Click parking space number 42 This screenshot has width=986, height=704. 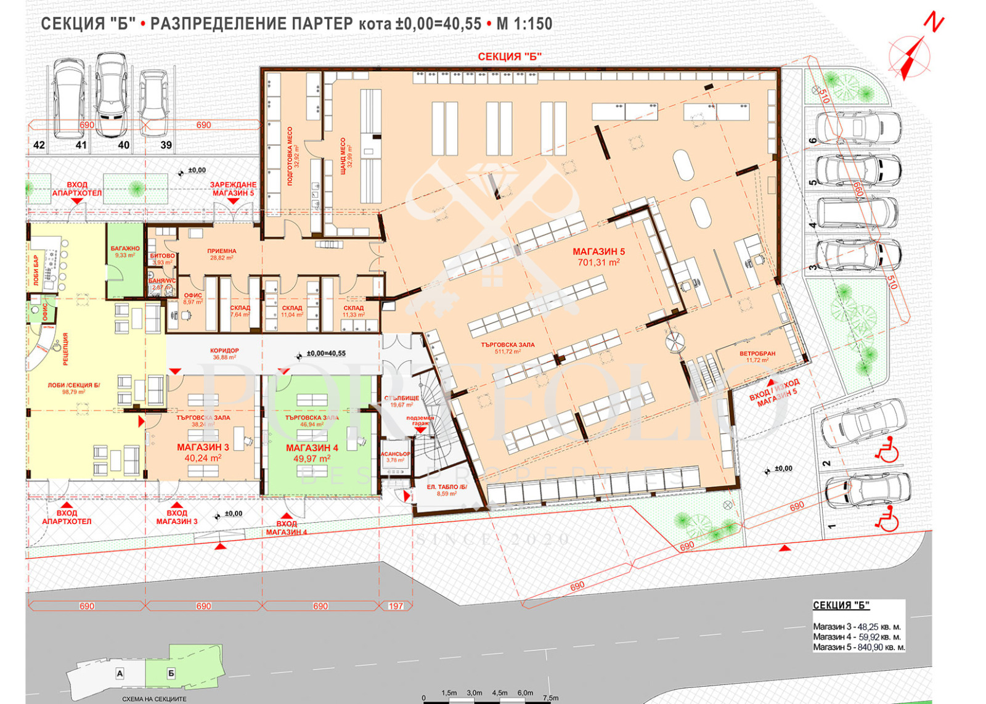[39, 145]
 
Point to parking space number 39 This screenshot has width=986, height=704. [166, 145]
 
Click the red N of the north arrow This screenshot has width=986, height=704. [934, 23]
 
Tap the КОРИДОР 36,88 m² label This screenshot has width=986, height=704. [224, 354]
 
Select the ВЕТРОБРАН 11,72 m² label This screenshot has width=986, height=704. [757, 356]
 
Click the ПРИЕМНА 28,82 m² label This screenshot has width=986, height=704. [221, 254]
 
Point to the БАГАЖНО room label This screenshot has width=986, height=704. [125, 251]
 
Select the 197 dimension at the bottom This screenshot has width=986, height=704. [396, 606]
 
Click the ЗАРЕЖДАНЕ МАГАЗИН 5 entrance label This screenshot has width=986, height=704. [233, 189]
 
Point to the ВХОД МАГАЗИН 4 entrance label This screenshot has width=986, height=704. [287, 528]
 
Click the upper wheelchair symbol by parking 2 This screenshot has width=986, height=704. [887, 452]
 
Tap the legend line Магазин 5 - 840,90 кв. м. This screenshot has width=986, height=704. [858, 647]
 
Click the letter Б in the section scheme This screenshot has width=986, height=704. [171, 674]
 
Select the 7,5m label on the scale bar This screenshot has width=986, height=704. [550, 697]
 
